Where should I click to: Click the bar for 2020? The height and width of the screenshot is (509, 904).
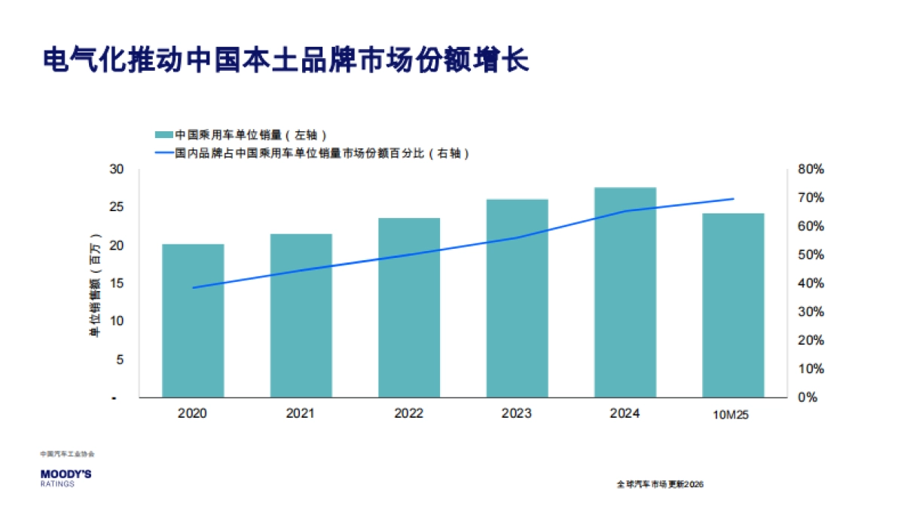(x=193, y=320)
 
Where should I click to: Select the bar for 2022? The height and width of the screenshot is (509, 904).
(x=409, y=308)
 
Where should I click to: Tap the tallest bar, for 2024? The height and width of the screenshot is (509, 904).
(x=625, y=292)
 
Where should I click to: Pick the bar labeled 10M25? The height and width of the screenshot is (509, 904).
(x=733, y=305)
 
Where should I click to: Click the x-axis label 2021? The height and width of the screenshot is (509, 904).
(x=301, y=413)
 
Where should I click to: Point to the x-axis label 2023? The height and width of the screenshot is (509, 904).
(x=517, y=413)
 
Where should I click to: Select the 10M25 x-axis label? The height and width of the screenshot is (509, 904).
(x=733, y=415)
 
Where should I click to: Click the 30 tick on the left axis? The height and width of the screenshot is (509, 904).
(x=116, y=169)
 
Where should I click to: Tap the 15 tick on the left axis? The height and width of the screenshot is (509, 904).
(x=116, y=284)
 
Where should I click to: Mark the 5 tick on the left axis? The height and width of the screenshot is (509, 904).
(x=120, y=360)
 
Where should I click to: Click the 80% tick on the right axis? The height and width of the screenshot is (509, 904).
(x=811, y=170)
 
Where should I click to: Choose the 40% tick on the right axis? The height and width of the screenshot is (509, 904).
(x=811, y=284)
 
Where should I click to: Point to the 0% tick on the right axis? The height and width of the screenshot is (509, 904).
(x=808, y=397)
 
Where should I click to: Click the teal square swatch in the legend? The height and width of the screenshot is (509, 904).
(x=163, y=135)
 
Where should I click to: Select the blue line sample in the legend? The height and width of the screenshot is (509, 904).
(x=163, y=153)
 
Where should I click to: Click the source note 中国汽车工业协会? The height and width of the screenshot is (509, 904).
(x=68, y=454)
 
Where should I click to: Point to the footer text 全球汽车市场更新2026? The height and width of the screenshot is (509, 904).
(x=659, y=484)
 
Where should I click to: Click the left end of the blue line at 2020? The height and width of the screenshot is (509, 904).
(x=194, y=288)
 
